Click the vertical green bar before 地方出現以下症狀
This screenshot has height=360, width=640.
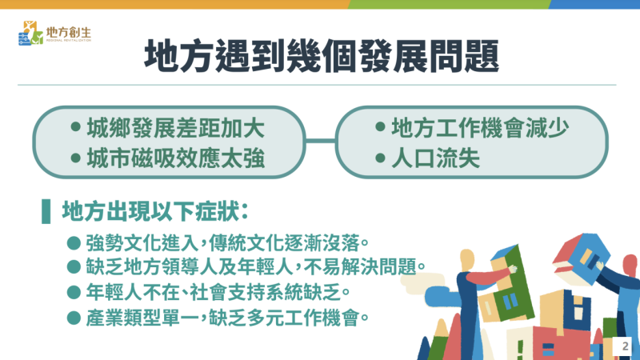click(45, 212)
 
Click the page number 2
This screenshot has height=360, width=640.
click(624, 347)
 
